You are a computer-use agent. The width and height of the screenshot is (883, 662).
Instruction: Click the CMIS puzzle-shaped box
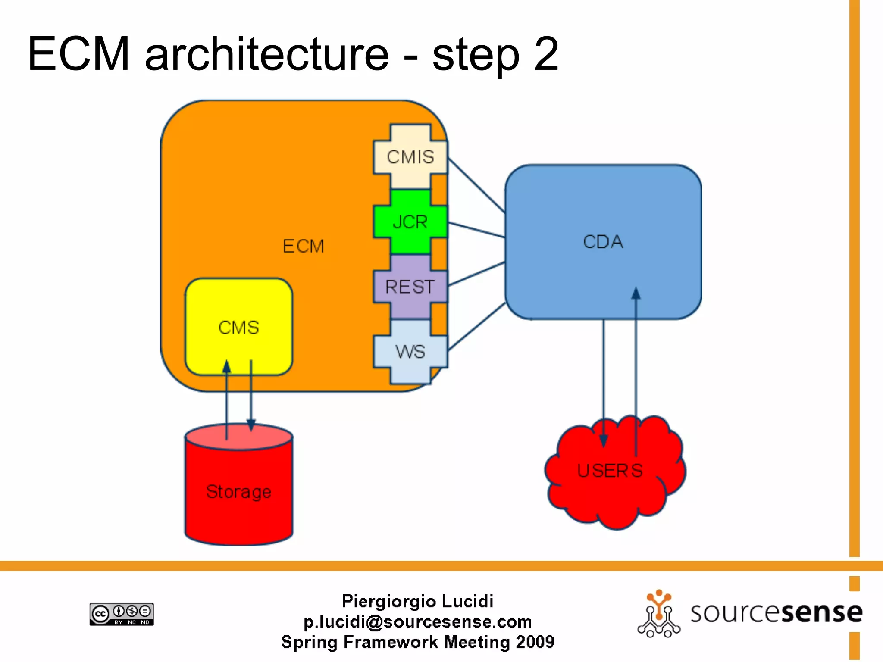(410, 157)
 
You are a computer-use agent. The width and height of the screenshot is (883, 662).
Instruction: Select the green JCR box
(410, 222)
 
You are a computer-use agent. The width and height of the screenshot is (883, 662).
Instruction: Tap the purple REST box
(410, 287)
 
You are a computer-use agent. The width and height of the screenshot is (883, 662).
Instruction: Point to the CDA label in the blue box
(603, 242)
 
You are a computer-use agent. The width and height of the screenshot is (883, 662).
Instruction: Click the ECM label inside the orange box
(303, 247)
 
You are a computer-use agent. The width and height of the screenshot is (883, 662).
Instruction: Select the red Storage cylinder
(238, 491)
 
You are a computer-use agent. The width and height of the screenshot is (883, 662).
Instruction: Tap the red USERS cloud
(610, 478)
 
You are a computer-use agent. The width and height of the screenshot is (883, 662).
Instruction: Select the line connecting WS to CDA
(476, 326)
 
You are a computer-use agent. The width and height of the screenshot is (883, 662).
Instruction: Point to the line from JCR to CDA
(476, 230)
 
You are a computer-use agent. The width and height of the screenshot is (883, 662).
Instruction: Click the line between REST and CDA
(476, 274)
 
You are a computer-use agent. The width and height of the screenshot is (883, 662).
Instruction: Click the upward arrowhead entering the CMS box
(227, 366)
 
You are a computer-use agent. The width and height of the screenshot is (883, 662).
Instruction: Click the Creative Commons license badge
(122, 614)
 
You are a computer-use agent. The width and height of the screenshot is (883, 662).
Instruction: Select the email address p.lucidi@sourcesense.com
(417, 622)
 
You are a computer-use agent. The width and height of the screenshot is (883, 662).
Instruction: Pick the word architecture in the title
(267, 54)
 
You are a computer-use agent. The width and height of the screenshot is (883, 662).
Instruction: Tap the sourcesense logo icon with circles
(659, 614)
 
